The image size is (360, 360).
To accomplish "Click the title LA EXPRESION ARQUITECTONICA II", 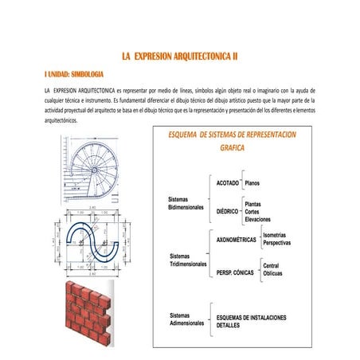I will coord(179,57).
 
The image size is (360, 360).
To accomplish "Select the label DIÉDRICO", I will coord(228,212).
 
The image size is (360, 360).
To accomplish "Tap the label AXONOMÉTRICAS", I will coord(237,240).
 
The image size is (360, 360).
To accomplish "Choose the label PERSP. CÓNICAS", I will coord(235,272).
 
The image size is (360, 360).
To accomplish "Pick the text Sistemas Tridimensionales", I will coord(189,259).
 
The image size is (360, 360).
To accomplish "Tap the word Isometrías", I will coord(277,235).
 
